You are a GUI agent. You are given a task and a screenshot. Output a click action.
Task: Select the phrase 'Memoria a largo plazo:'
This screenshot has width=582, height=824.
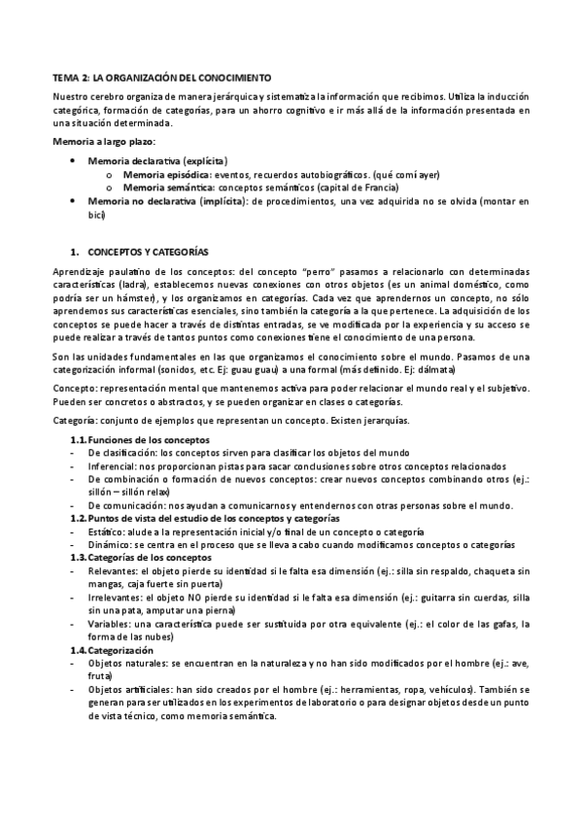99,142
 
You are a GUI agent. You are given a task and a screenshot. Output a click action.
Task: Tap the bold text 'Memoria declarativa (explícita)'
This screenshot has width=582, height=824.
157,159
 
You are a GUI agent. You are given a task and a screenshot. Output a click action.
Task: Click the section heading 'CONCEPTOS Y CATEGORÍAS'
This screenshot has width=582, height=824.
148,251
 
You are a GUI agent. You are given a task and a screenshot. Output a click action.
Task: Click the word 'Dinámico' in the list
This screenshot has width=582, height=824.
110,545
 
